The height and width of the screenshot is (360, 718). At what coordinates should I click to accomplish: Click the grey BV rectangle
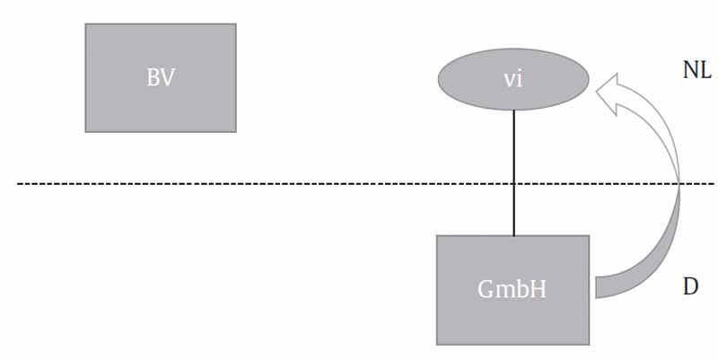tap(161, 108)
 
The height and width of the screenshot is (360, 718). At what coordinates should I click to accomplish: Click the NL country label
tap(696, 71)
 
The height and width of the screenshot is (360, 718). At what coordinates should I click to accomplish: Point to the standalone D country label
tap(690, 286)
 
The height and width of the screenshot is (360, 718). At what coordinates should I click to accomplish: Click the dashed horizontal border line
tap(269, 184)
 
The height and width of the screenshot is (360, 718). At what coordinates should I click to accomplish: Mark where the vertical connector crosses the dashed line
tap(513, 184)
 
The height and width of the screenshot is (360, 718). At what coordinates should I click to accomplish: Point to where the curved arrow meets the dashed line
tap(682, 184)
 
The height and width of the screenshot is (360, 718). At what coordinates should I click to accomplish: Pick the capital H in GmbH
tap(538, 290)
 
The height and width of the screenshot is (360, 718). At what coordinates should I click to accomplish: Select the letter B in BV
tap(153, 76)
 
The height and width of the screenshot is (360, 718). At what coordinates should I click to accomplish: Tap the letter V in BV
tap(168, 76)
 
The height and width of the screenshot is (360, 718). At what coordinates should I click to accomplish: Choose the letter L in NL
tap(705, 71)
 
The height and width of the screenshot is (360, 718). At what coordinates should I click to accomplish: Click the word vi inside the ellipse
tap(513, 78)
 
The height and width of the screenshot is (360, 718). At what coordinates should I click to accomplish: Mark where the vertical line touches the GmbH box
tap(513, 235)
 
